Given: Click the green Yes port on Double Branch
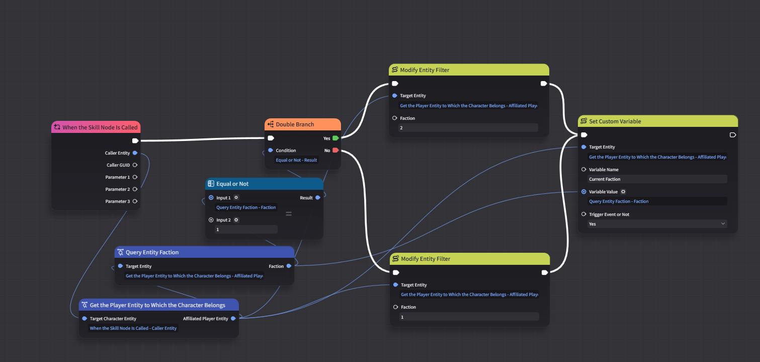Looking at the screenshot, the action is pyautogui.click(x=335, y=138).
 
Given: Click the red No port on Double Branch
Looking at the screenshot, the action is pyautogui.click(x=335, y=151).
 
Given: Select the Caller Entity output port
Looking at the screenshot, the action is pyautogui.click(x=135, y=153).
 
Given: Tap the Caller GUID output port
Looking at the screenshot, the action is pyautogui.click(x=135, y=165).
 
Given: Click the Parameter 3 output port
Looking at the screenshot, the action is pyautogui.click(x=135, y=201).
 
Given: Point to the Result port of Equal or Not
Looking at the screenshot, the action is pyautogui.click(x=318, y=198).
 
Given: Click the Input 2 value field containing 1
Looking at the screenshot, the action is pyautogui.click(x=246, y=230).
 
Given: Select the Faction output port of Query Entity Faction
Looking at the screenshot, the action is pyautogui.click(x=289, y=266).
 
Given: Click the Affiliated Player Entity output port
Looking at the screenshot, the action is pyautogui.click(x=233, y=319).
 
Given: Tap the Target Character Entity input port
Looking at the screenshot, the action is pyautogui.click(x=85, y=319).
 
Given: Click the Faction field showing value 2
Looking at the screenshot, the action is pyautogui.click(x=468, y=128).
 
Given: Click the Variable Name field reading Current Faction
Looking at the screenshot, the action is pyautogui.click(x=657, y=179).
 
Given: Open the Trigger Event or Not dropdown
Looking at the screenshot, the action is pyautogui.click(x=657, y=224).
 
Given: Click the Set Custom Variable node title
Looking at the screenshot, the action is pyautogui.click(x=615, y=121).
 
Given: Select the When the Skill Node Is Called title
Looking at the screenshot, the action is pyautogui.click(x=100, y=127).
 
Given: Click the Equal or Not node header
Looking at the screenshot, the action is pyautogui.click(x=264, y=184).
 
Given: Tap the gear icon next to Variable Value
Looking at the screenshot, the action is pyautogui.click(x=623, y=192).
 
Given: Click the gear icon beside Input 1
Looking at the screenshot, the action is pyautogui.click(x=236, y=198).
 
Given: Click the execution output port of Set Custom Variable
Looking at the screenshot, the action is pyautogui.click(x=732, y=135).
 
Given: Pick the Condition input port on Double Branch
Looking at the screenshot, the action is pyautogui.click(x=271, y=150).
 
